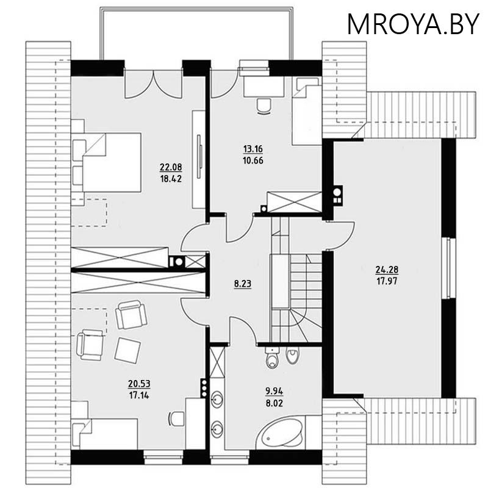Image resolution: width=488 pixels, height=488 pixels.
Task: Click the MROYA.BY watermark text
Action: tap(413, 24)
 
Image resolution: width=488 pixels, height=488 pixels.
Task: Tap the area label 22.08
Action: tap(171, 167)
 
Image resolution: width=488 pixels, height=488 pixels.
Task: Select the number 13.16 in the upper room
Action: tap(253, 149)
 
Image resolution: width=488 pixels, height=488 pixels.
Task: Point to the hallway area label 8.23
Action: tap(243, 284)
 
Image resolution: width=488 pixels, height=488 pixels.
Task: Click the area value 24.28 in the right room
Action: tap(387, 269)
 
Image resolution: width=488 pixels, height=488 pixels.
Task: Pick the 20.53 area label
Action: tap(139, 384)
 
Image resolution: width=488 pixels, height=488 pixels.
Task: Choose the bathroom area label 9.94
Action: tap(274, 391)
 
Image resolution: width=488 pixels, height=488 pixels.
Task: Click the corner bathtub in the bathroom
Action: tap(280, 433)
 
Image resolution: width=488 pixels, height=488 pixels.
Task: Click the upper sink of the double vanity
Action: tap(217, 399)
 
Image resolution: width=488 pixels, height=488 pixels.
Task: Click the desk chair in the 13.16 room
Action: tap(264, 106)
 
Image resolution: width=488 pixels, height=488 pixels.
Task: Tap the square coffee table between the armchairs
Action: tap(127, 350)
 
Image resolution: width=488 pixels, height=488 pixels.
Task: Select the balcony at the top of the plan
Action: tap(196, 33)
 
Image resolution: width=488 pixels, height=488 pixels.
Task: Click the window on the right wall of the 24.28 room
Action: tap(449, 268)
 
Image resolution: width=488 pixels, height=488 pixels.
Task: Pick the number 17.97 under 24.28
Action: tap(387, 281)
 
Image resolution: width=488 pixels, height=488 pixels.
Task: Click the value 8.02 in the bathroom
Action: tap(274, 403)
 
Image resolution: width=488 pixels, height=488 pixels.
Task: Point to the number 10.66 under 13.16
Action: tap(253, 160)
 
